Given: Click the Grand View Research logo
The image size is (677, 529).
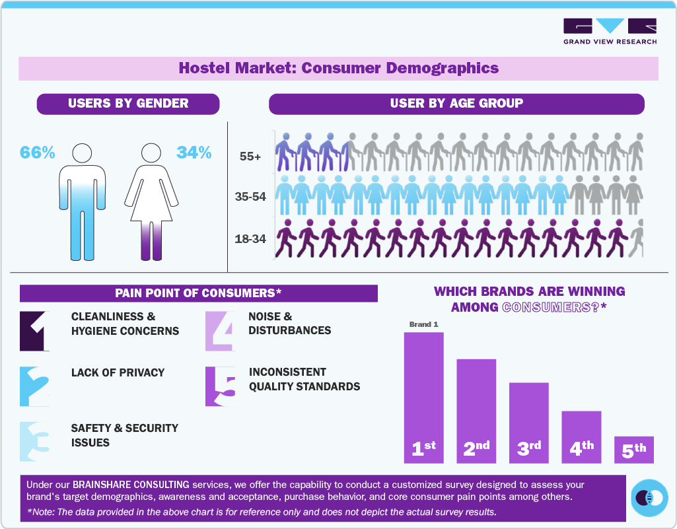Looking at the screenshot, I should (x=610, y=31).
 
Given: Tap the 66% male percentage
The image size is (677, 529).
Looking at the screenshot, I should (x=37, y=153).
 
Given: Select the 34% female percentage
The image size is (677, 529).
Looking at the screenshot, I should (x=194, y=153).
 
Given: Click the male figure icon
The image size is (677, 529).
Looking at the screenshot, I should (x=82, y=201).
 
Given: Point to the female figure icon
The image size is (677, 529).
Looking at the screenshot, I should (x=153, y=201).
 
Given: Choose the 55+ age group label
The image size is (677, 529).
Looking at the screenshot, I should (x=250, y=157).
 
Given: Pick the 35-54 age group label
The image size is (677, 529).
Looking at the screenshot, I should (x=250, y=197).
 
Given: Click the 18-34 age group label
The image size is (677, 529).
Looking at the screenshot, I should (x=250, y=238).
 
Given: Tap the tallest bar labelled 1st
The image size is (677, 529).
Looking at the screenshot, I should (x=423, y=397).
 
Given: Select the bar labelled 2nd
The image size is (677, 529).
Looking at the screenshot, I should (x=476, y=410).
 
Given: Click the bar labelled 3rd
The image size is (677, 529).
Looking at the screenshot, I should (x=528, y=422).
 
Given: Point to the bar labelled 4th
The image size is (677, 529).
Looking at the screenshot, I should (x=581, y=437).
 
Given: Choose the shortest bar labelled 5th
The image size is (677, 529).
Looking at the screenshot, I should (x=634, y=449).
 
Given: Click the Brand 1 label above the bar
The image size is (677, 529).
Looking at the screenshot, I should (x=423, y=324).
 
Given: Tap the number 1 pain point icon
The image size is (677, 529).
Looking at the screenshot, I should (x=34, y=330).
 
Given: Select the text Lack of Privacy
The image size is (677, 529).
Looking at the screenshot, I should (x=118, y=372).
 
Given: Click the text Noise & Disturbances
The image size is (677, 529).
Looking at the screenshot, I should (x=289, y=324).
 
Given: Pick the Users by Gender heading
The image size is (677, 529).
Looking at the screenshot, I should (x=128, y=104).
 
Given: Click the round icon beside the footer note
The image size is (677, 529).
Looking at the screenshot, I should (x=650, y=497).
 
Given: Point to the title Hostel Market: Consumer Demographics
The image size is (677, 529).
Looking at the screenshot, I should (x=338, y=68).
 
